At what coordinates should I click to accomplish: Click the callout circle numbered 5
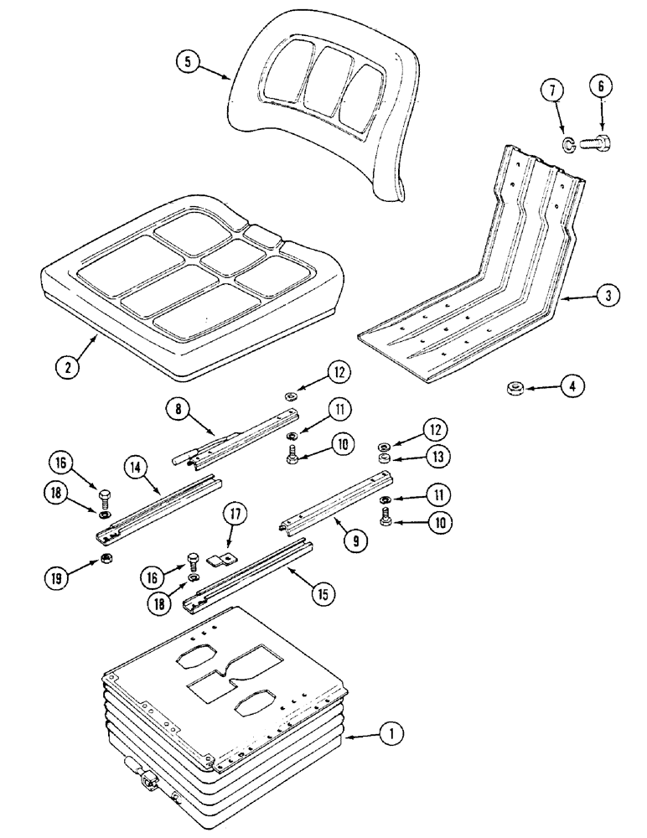pos(190,63)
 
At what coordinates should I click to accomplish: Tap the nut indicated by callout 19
pos(107,559)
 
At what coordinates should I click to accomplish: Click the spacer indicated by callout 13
pos(382,459)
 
